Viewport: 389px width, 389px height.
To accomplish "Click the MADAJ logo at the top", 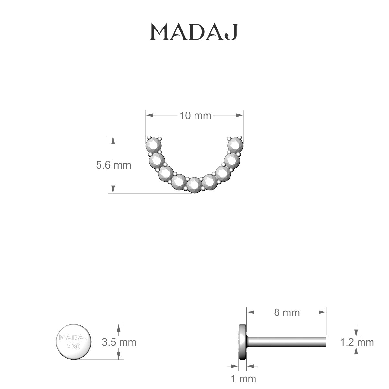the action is point(194,32).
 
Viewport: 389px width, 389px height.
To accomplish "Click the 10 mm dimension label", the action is point(195,116).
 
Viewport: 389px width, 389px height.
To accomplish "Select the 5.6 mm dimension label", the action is point(113,165).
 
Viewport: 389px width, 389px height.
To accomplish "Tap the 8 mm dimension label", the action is point(287,312).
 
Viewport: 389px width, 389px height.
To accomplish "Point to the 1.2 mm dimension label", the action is point(357,342).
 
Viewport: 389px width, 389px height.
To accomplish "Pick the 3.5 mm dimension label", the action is point(119,342).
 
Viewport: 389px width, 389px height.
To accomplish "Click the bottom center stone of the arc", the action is point(194,185).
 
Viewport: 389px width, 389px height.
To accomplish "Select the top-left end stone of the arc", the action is point(154,145).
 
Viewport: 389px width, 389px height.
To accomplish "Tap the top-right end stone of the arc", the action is point(235,145).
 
